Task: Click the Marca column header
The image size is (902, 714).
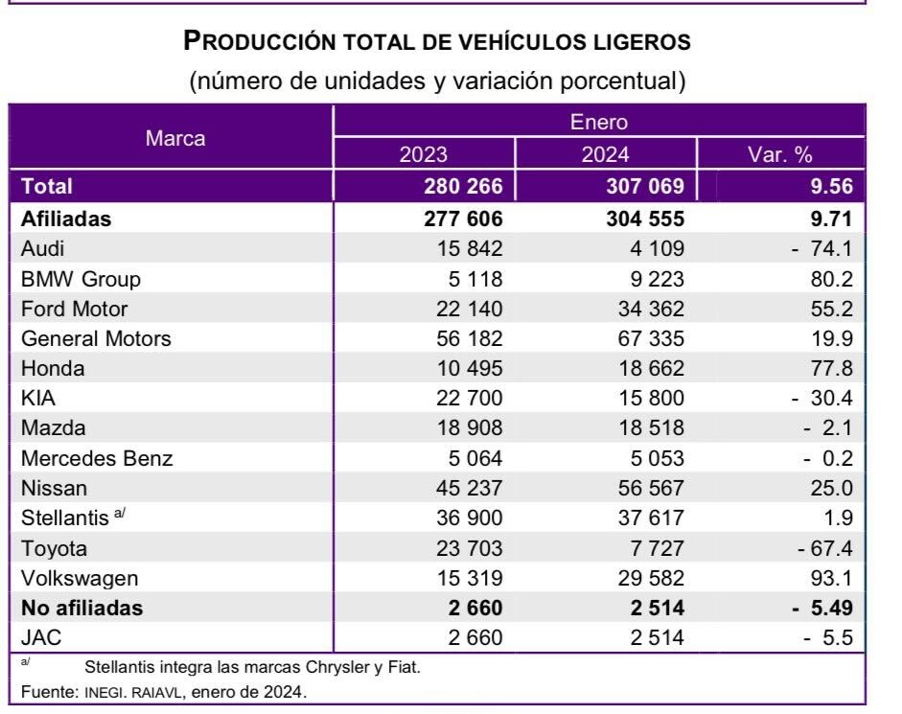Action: pyautogui.click(x=174, y=138)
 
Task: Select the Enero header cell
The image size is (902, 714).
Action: pyautogui.click(x=602, y=122)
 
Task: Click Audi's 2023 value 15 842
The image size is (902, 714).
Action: pyautogui.click(x=463, y=248)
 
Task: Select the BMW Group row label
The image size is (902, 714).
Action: pyautogui.click(x=81, y=279)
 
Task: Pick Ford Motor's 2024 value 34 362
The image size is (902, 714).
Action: pyautogui.click(x=644, y=309)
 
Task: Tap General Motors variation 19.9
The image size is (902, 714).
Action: pyautogui.click(x=834, y=338)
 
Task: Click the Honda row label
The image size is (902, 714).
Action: pyautogui.click(x=53, y=368)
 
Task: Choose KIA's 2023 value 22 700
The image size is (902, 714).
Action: pyautogui.click(x=463, y=399)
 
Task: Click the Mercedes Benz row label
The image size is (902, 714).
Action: pyautogui.click(x=97, y=458)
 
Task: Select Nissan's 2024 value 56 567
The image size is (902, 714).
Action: pyautogui.click(x=644, y=488)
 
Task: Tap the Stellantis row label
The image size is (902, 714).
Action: pyautogui.click(x=65, y=518)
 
